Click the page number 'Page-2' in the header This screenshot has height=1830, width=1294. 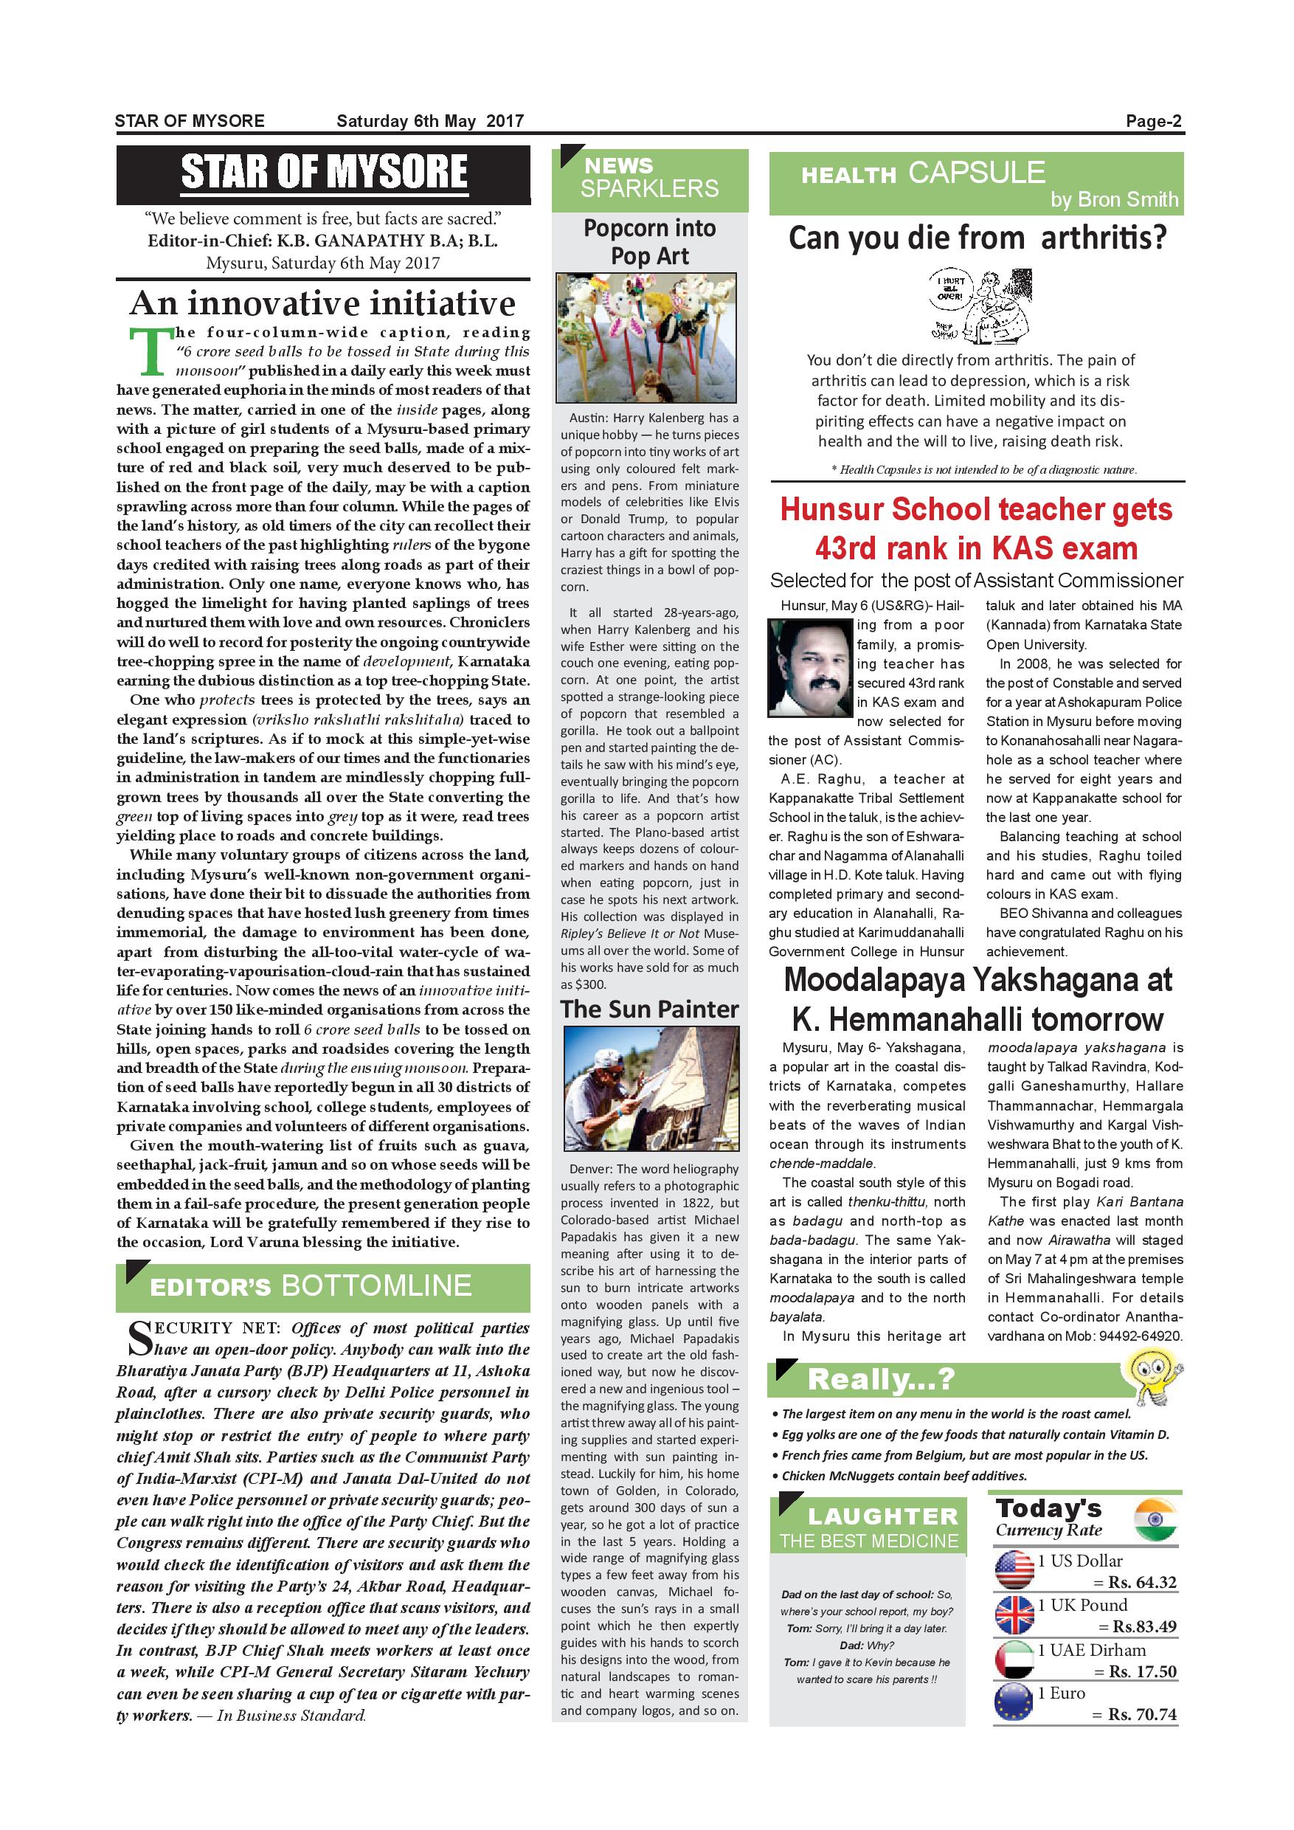(1153, 121)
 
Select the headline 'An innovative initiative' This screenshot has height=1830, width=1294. (322, 304)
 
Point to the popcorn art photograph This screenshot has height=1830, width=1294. (646, 338)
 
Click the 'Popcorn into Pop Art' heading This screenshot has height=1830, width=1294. (649, 241)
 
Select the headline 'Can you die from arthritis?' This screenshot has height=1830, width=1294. (977, 238)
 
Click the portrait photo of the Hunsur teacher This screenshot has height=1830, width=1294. (809, 666)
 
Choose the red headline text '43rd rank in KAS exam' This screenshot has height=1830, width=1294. (976, 548)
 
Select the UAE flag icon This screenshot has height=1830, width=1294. (1014, 1660)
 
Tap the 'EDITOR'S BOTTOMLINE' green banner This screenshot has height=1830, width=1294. (322, 1286)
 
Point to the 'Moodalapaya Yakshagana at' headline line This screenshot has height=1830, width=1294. (977, 981)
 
